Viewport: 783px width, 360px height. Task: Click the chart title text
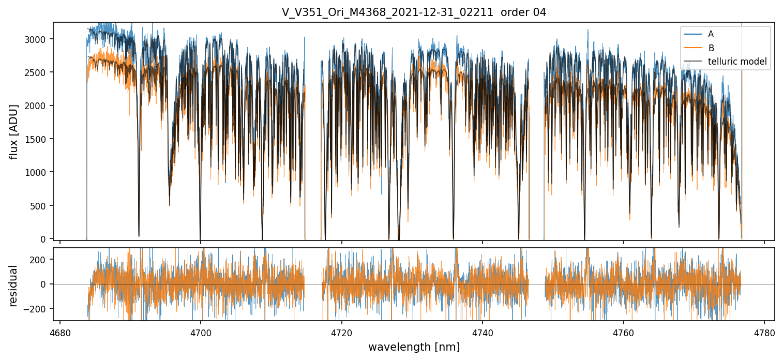pyautogui.click(x=414, y=12)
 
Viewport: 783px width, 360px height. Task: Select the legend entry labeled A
pyautogui.click(x=711, y=34)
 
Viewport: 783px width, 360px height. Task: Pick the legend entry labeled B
pyautogui.click(x=711, y=48)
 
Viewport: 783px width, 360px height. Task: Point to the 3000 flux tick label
pyautogui.click(x=39, y=39)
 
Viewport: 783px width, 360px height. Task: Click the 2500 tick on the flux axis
pyautogui.click(x=39, y=72)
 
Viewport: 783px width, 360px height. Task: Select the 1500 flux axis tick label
pyautogui.click(x=39, y=139)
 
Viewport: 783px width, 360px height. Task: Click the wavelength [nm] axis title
pyautogui.click(x=414, y=347)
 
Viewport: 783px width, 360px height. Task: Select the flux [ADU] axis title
pyautogui.click(x=13, y=131)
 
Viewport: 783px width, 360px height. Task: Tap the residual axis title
pyautogui.click(x=13, y=286)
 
